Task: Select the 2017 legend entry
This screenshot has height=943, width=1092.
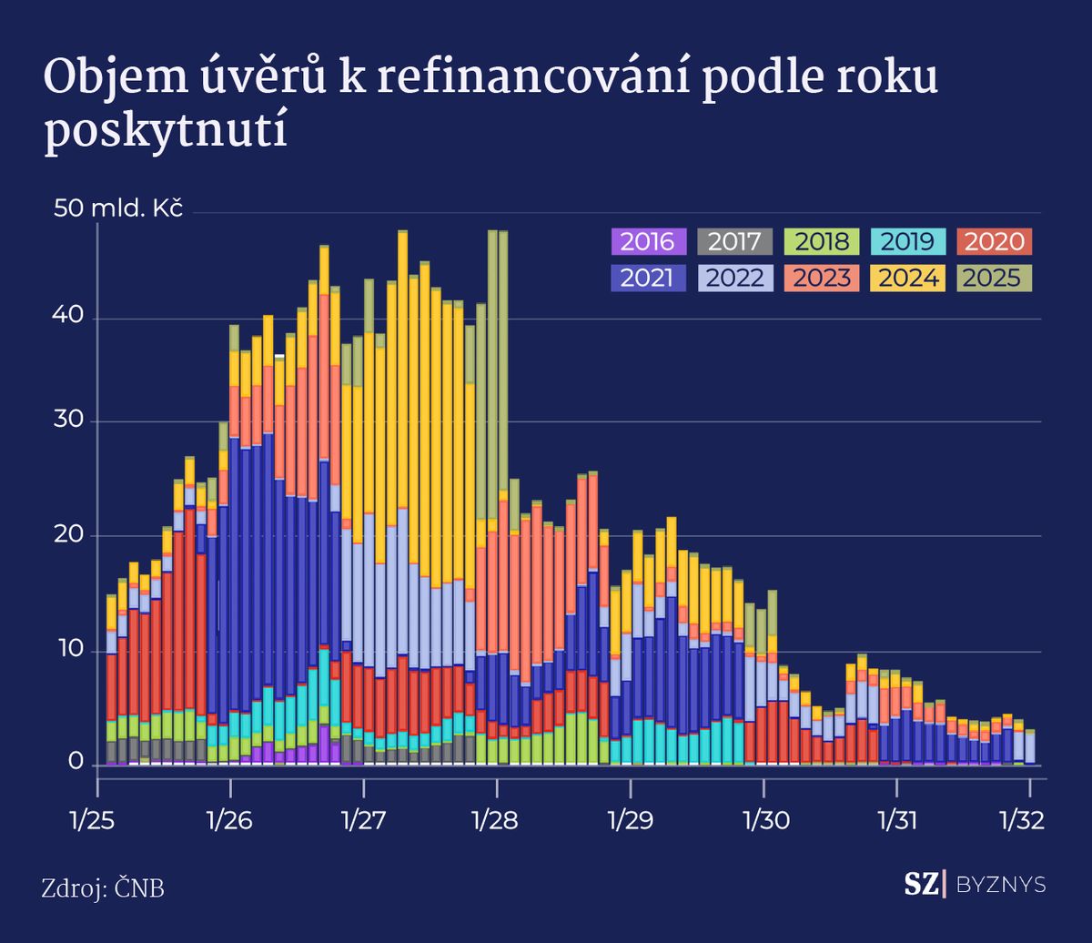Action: pyautogui.click(x=734, y=242)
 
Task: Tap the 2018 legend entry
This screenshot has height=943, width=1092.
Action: pyautogui.click(x=822, y=242)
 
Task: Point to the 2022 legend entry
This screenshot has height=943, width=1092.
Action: pyautogui.click(x=734, y=277)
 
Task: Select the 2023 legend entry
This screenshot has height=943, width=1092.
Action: pyautogui.click(x=822, y=277)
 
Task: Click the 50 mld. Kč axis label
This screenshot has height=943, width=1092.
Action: pyautogui.click(x=119, y=208)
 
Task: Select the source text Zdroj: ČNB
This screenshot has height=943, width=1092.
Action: pyautogui.click(x=103, y=888)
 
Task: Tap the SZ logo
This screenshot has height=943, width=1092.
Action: pyautogui.click(x=920, y=884)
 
